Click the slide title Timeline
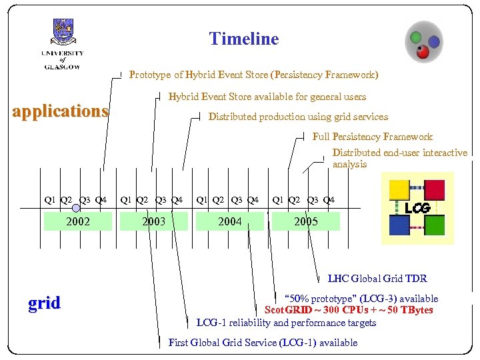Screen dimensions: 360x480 point(243,39)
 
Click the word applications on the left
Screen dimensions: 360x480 point(61,111)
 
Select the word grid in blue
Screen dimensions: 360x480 point(44,303)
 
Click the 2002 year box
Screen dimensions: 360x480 point(78,221)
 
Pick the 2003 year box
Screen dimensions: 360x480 point(154,221)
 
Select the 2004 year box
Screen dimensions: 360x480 point(230,221)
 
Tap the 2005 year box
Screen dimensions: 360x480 point(306,221)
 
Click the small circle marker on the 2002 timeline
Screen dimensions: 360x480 point(77,208)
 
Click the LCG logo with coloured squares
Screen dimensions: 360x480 point(417,208)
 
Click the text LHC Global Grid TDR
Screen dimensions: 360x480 point(377,279)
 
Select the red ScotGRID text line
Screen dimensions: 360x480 point(349,310)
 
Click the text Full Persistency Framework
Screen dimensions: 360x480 point(372,137)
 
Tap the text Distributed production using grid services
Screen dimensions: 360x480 point(298,117)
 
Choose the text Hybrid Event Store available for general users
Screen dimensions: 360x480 point(267,97)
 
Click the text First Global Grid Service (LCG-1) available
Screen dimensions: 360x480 point(263,343)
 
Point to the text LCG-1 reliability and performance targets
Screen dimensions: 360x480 point(286,323)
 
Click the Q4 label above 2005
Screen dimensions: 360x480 point(329,199)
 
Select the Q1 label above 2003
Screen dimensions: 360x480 point(125,199)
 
